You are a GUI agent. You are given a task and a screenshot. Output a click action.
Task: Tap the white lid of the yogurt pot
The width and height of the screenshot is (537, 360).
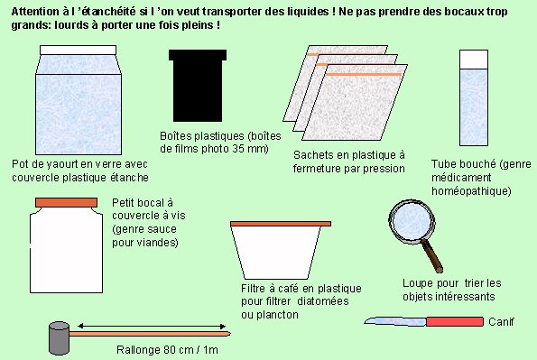coord(79,50)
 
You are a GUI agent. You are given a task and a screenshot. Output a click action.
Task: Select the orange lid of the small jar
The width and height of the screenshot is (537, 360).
coord(67,202)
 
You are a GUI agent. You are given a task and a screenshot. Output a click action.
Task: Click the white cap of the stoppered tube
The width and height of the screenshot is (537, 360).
coord(474,59)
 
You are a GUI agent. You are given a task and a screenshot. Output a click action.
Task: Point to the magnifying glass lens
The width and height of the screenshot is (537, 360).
coord(412,221)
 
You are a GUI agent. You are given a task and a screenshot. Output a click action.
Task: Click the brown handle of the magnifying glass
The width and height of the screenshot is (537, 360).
coord(432,255)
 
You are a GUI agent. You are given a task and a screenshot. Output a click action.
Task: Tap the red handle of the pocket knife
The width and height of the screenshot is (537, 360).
coord(455,321)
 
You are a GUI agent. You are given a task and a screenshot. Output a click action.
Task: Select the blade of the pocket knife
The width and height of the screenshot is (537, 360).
coord(395,321)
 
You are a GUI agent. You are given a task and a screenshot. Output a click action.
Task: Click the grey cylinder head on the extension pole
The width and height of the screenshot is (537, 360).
coord(60,337)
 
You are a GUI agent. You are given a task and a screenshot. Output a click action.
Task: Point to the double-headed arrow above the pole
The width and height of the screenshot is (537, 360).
coord(152,327)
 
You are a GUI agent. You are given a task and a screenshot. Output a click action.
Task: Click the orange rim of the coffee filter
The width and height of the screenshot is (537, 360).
coord(281,224)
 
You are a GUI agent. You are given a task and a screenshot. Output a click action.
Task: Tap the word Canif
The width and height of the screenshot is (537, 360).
coord(501,321)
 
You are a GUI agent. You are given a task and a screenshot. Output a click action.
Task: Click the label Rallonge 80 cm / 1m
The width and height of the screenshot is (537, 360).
coord(167,350)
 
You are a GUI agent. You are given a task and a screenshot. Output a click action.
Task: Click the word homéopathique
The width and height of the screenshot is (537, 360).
coord(471,190)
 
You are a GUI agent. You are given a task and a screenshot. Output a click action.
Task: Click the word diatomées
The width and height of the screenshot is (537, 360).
coord(323,301)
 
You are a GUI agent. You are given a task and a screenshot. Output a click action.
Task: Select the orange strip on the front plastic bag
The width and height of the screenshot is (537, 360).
coord(364,74)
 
